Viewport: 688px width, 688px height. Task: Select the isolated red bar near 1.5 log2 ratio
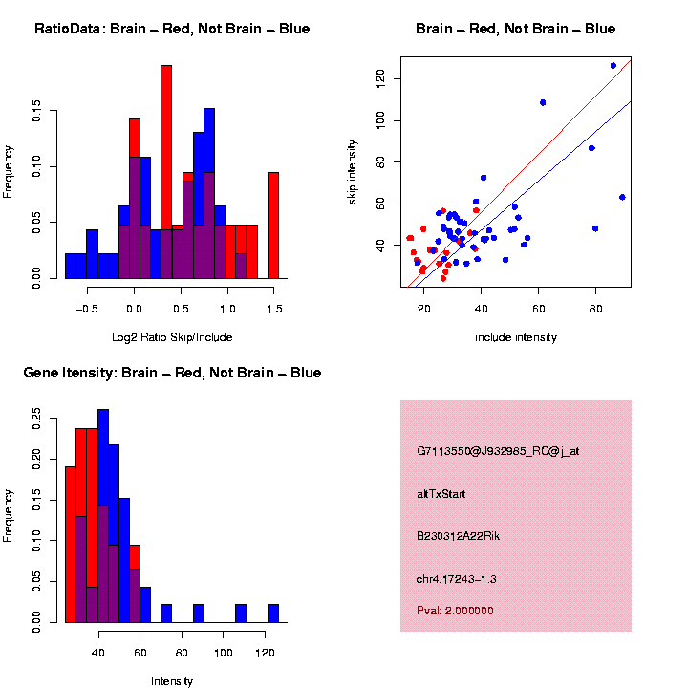(273, 225)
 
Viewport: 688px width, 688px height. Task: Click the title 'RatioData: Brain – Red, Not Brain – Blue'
(172, 29)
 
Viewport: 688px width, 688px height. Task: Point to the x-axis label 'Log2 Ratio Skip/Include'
(172, 337)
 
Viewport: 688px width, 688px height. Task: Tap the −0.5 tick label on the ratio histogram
(86, 309)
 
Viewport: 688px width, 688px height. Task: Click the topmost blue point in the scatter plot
(613, 65)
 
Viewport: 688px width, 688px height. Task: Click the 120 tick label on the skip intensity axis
(380, 77)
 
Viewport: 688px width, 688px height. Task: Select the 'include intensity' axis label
(516, 337)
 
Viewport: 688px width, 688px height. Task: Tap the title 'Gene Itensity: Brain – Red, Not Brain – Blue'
(172, 373)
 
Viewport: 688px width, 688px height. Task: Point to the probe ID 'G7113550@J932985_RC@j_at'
(498, 450)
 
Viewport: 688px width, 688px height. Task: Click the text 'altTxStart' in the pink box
(441, 494)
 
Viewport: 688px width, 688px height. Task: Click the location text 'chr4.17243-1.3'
(457, 579)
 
